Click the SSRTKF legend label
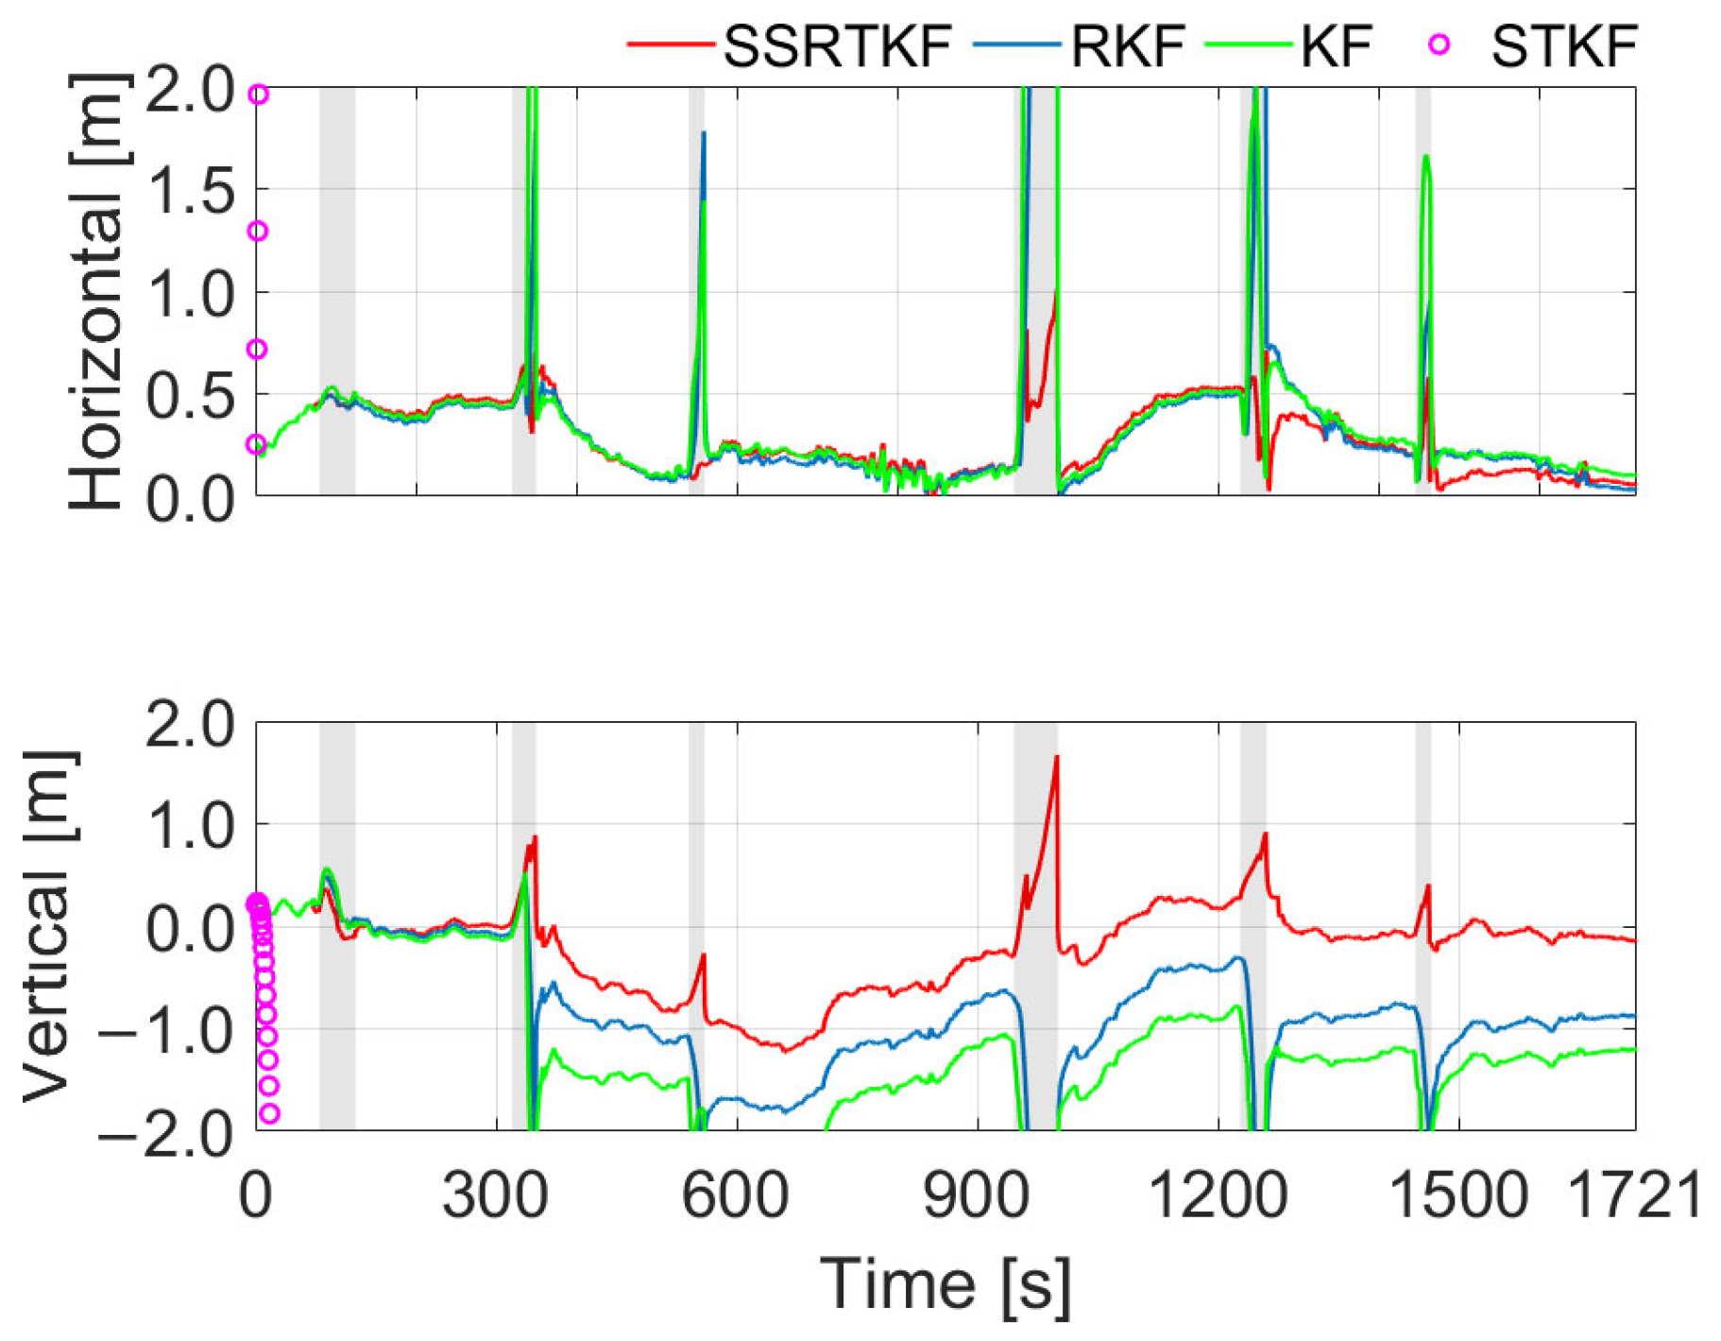click(x=837, y=45)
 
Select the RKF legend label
click(x=1128, y=45)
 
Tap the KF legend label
click(x=1336, y=45)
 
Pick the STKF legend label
click(x=1563, y=45)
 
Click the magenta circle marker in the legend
click(x=1439, y=44)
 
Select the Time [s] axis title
click(x=945, y=1283)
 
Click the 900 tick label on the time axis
click(x=977, y=1195)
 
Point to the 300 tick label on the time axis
click(x=495, y=1195)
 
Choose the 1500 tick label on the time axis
click(x=1458, y=1195)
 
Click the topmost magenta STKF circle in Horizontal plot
click(x=258, y=95)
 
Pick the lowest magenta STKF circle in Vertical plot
click(x=269, y=1114)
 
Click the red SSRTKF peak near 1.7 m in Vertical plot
click(x=1056, y=757)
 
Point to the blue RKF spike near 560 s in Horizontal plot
click(x=704, y=134)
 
